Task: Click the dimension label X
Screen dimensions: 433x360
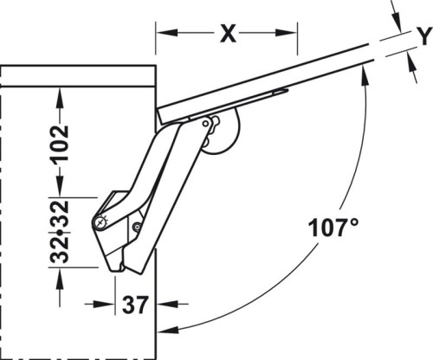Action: (228, 34)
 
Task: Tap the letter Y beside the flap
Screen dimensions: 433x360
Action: (425, 36)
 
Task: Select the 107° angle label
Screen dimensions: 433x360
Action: (333, 228)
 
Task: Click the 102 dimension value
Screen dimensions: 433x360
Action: (60, 144)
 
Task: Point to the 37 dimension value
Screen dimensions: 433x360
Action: (135, 305)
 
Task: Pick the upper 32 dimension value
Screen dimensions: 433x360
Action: (60, 212)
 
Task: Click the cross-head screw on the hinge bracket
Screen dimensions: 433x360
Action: (100, 223)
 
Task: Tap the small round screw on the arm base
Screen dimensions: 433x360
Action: (137, 228)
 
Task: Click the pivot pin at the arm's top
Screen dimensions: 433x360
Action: (205, 124)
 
